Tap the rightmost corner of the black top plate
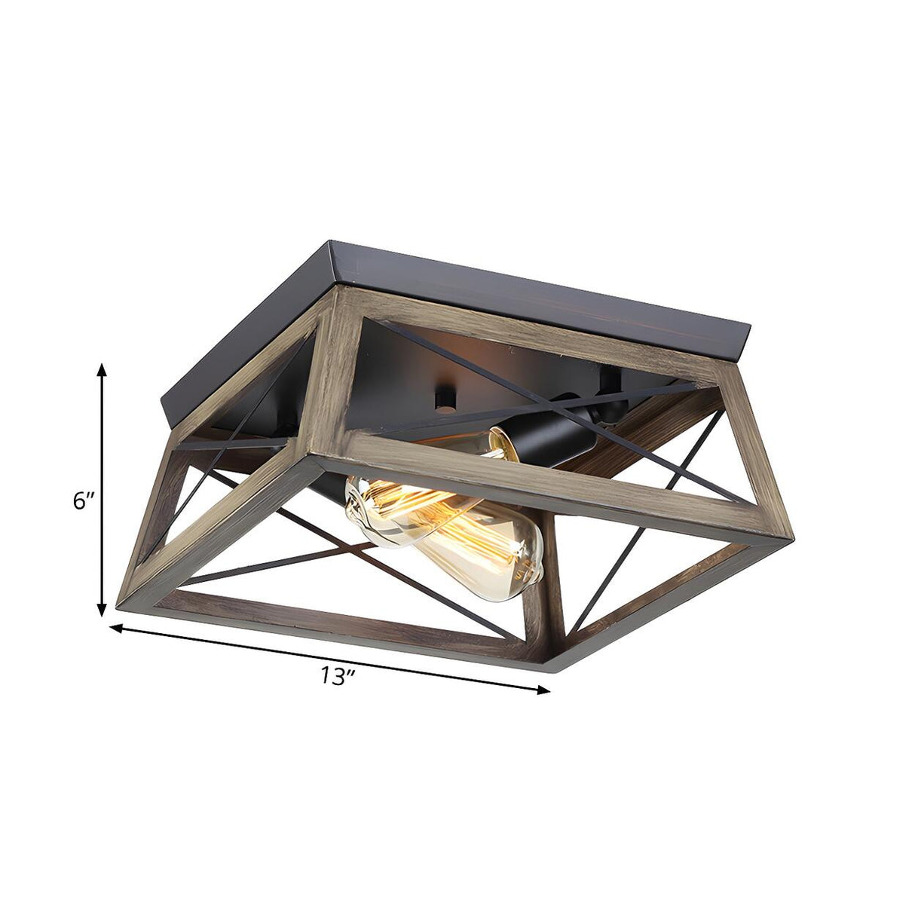(751, 328)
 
